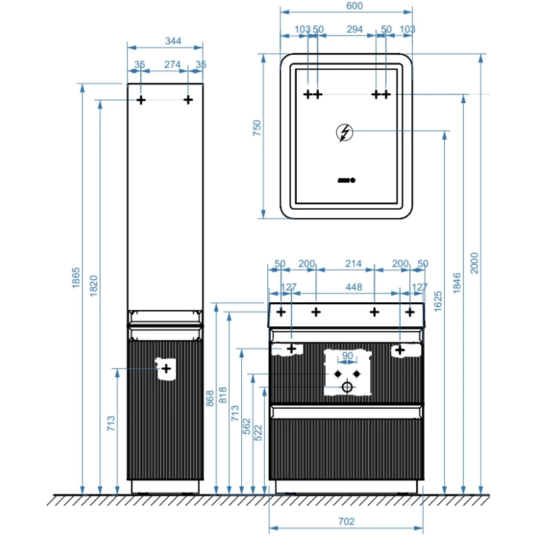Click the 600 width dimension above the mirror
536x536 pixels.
pos(346,6)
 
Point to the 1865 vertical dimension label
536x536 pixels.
pos(76,279)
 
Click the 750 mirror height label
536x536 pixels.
pos(256,129)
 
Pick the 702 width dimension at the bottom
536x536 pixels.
pos(346,521)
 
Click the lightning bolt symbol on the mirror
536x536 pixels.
pos(345,133)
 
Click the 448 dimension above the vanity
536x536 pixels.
pos(353,287)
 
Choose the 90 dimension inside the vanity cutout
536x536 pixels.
pos(347,356)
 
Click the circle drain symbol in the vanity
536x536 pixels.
pos(347,387)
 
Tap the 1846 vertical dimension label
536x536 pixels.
pos(457,282)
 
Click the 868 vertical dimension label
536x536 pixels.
pos(210,399)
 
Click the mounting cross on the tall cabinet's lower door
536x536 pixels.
pos(166,368)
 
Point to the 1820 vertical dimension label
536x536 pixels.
pos(94,287)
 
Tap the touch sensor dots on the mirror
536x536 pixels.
pos(346,180)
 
